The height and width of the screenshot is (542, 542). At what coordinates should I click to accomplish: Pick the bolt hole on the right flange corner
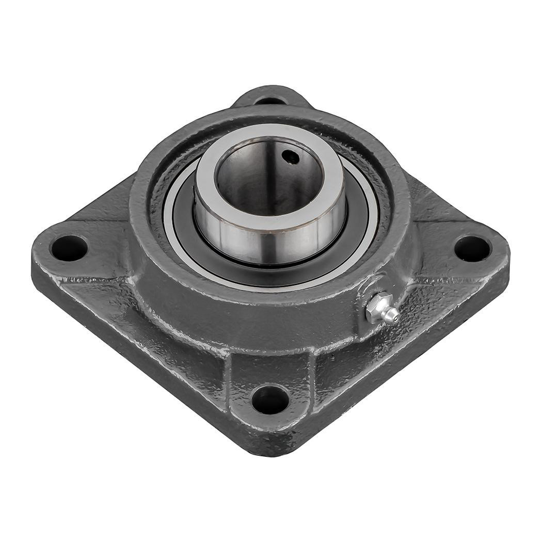click(x=472, y=248)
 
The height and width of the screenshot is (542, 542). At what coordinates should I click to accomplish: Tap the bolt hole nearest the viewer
click(x=270, y=400)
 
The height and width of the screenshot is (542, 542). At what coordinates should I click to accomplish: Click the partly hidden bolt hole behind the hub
click(x=270, y=100)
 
